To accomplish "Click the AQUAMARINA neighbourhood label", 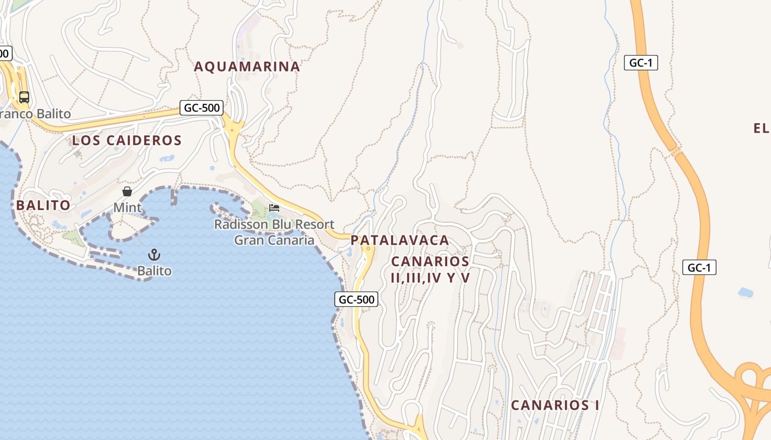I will [247, 67].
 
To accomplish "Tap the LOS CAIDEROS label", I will [127, 140].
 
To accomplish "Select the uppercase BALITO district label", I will [43, 205].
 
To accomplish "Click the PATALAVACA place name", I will [400, 240].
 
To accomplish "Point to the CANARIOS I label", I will [555, 405].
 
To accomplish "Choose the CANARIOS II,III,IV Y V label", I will [430, 269].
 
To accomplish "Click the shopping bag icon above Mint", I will [127, 191].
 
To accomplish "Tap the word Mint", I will [127, 208].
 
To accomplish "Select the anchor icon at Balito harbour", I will [154, 254].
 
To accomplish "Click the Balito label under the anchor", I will [154, 271].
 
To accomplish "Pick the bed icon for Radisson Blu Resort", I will [274, 208].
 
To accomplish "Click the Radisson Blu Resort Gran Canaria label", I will [274, 232].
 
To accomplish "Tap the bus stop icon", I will [24, 97].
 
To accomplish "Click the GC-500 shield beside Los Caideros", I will [202, 108].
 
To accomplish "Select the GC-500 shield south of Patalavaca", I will [356, 300].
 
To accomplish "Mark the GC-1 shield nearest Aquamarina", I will [641, 63].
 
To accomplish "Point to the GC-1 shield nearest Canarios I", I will [699, 268].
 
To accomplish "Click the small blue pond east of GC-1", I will [745, 292].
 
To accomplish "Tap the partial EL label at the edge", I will [762, 129].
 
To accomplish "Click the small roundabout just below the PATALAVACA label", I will [367, 249].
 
